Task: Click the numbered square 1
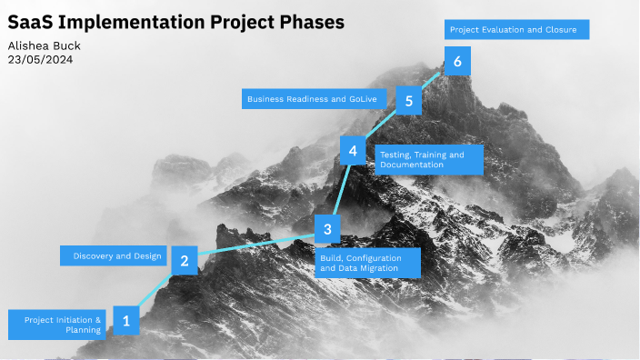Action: coord(126,320)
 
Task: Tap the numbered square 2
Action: coord(185,261)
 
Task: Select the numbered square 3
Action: coord(327,228)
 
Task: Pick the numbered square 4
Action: coord(353,151)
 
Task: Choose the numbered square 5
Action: coord(410,101)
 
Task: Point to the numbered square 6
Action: coord(457,62)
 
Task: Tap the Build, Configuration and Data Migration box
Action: coord(368,263)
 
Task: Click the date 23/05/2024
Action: coord(40,59)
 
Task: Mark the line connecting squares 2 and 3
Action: coord(255,245)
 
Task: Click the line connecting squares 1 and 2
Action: coord(155,290)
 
